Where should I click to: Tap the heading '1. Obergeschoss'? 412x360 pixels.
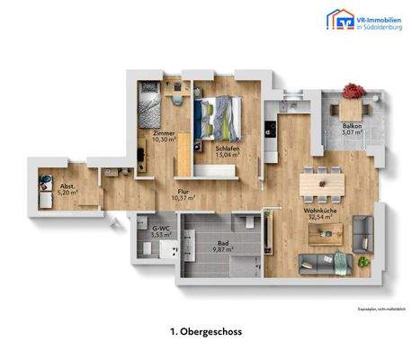tap(205, 332)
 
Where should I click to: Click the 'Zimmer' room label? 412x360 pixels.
tap(163, 132)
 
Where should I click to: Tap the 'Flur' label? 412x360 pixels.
tap(183, 191)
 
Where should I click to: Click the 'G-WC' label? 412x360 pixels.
tap(161, 229)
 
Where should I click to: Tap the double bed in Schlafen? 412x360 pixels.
tap(219, 117)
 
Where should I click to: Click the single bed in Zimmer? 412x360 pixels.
tap(149, 107)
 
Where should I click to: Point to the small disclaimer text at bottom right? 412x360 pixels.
tap(377, 310)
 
